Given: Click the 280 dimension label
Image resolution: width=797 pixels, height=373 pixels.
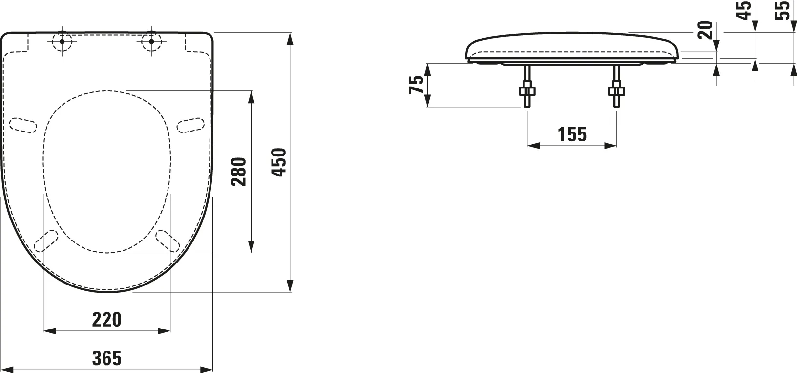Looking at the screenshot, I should point(239,172).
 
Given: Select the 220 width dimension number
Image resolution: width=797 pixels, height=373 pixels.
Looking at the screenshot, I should point(106,320).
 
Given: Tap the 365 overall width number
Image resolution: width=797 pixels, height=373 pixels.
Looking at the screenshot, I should point(106,358).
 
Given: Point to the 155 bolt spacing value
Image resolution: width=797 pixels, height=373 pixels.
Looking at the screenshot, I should point(572,134).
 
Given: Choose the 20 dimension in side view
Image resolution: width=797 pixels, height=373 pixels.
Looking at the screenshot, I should point(705,30).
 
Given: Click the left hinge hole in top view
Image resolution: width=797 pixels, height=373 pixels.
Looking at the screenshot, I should point(62,41).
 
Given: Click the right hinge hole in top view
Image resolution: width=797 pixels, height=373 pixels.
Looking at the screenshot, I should point(151,41).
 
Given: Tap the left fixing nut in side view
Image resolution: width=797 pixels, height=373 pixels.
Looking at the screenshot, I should point(527,90).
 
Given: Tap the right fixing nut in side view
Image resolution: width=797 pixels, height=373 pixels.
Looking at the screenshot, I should point(617,90).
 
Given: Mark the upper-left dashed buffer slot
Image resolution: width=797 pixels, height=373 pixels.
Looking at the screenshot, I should point(23,125).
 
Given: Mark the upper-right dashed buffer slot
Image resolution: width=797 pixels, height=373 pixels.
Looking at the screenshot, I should point(190,125).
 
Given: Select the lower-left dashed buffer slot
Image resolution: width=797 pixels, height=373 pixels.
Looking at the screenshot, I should point(48,241).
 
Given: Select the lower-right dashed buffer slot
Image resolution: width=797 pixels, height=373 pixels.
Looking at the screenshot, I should point(167,241).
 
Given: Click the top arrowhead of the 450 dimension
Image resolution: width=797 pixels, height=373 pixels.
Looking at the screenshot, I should point(290,39).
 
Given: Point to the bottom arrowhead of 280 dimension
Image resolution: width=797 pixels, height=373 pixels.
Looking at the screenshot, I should point(252,246).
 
